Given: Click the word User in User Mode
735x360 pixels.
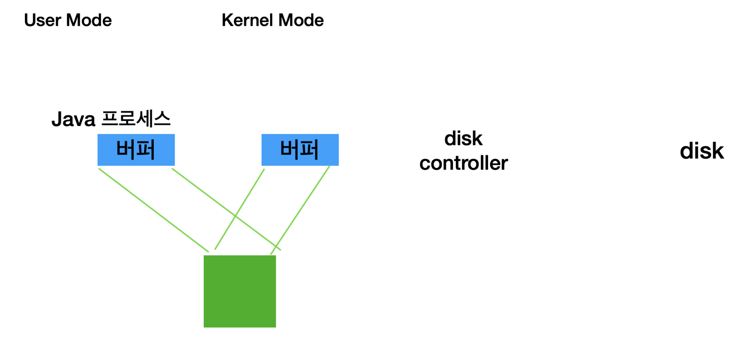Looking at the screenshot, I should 42,20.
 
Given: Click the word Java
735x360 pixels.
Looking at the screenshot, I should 73,119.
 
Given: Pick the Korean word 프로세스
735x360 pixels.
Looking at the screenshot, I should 136,119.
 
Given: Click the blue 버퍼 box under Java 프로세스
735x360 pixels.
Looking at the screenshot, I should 136,150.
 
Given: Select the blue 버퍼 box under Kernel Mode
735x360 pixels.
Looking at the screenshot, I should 300,150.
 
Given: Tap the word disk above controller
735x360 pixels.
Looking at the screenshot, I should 463,139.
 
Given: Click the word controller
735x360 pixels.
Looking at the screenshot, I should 463,163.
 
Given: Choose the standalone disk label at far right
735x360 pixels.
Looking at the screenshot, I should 702,151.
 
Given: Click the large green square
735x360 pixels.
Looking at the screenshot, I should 239,291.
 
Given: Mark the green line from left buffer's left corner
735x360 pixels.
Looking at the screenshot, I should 153,210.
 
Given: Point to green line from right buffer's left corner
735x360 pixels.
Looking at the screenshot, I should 249,195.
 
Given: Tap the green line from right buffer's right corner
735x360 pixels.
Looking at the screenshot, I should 300,210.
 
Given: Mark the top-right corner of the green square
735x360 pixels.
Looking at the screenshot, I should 275,256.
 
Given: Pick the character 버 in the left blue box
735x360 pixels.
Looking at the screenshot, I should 126,150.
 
